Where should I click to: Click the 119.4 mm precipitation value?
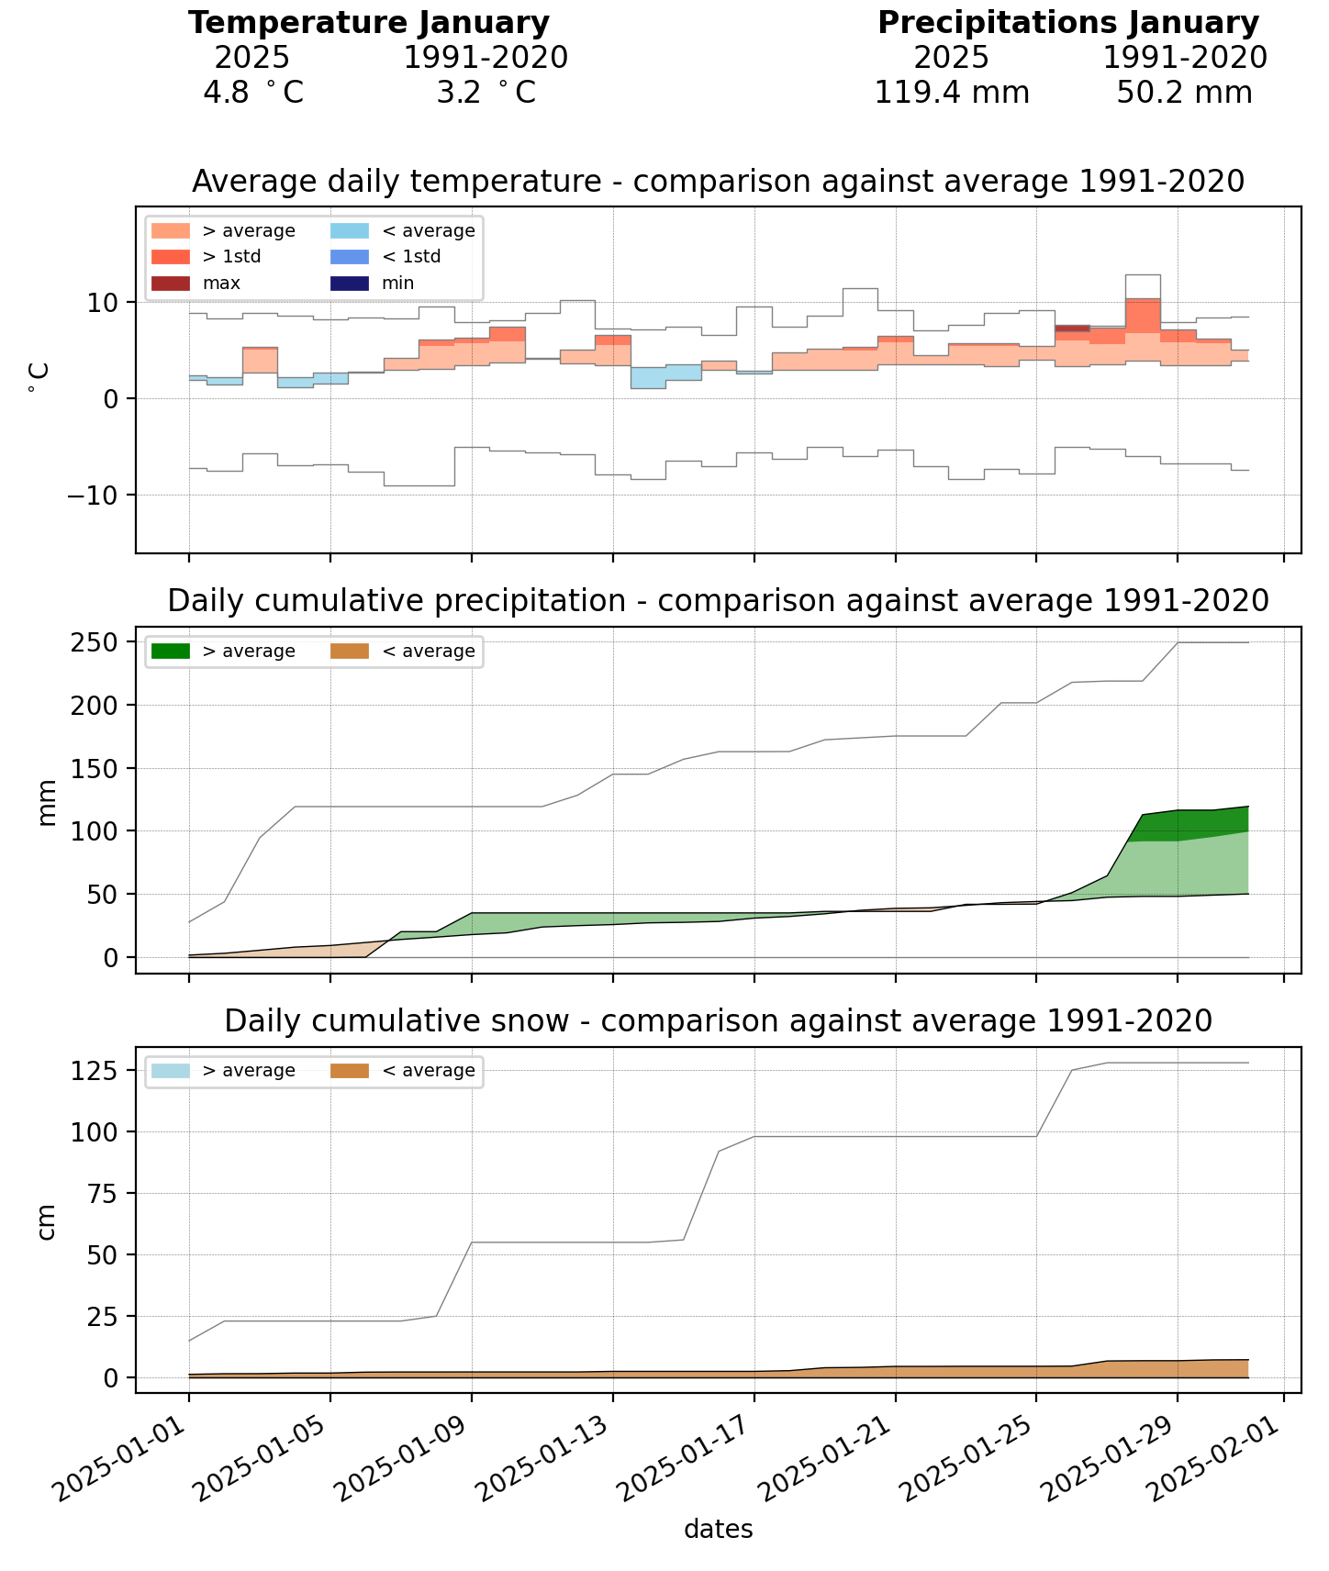[951, 93]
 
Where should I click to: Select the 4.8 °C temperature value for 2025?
[252, 93]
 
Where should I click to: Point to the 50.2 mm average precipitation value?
[1184, 93]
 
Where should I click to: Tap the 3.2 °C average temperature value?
[486, 93]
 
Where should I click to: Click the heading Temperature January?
[369, 23]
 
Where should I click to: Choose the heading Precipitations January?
[1067, 23]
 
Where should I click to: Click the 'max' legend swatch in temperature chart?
[171, 284]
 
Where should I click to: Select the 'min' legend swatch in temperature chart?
[350, 284]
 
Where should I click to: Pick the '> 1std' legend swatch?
[171, 257]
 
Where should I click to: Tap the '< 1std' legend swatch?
[350, 257]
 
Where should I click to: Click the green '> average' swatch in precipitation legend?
[171, 652]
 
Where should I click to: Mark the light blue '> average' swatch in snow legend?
[171, 1071]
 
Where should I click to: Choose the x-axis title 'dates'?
[718, 1530]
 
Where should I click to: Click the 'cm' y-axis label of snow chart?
[47, 1221]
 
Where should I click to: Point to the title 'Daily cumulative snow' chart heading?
[718, 1021]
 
